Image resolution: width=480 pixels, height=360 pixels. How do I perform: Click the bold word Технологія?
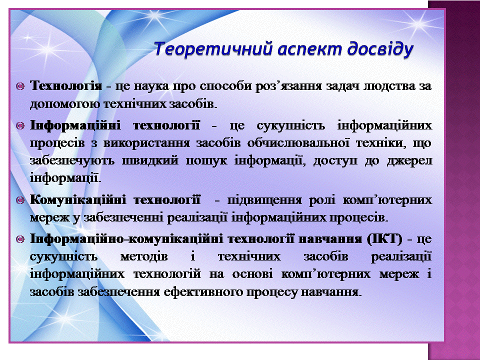click(66, 85)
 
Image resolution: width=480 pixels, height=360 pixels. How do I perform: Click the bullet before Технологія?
click(20, 86)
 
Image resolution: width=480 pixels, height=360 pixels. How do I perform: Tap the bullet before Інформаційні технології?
click(20, 125)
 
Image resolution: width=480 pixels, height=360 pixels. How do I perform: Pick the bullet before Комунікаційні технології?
click(20, 200)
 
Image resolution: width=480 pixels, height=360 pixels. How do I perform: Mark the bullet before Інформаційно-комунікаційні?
click(20, 239)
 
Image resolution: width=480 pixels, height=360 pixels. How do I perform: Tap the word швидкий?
click(150, 160)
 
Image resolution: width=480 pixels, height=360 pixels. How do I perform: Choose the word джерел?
click(409, 161)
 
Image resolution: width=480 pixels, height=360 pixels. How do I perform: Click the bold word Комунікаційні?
click(78, 200)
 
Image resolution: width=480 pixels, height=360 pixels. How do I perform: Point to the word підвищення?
click(265, 200)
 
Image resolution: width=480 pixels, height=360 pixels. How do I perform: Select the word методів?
click(144, 256)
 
